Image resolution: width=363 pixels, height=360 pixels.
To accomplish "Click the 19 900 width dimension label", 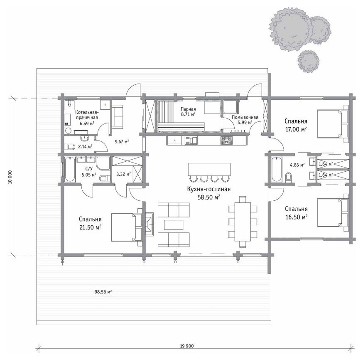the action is pos(186,346).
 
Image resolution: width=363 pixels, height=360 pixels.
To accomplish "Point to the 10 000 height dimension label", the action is pos(10,177).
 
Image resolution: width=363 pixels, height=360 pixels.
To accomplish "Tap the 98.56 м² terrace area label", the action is pos(103,292).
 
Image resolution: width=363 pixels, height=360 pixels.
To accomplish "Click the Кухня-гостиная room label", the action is pos(209,189).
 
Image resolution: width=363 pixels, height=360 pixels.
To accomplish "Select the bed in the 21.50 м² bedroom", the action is pos(126,227).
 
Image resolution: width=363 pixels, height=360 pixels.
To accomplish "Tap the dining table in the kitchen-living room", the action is pos(243,222).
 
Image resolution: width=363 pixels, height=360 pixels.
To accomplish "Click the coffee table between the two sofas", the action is pos(174,224).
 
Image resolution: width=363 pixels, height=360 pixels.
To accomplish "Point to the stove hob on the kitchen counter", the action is pos(226,141).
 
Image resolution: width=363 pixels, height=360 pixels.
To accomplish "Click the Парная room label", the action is pos(188,109).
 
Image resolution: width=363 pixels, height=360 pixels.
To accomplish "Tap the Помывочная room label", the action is pos(245,117).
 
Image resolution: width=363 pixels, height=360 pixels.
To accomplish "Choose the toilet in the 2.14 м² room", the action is pos(69,147).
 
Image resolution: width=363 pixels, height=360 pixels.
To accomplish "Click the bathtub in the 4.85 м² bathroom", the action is pos(276,169).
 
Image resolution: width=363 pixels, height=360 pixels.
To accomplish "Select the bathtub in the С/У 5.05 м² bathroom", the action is pos(70,169).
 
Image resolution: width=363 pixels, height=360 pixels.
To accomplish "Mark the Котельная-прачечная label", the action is pos(87,115).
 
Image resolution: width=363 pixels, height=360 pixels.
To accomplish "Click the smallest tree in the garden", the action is pos(308,62).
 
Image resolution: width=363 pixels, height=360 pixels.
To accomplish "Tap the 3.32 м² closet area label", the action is pos(124,174).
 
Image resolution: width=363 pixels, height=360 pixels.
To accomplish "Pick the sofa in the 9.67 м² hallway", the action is pos(118,116).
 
